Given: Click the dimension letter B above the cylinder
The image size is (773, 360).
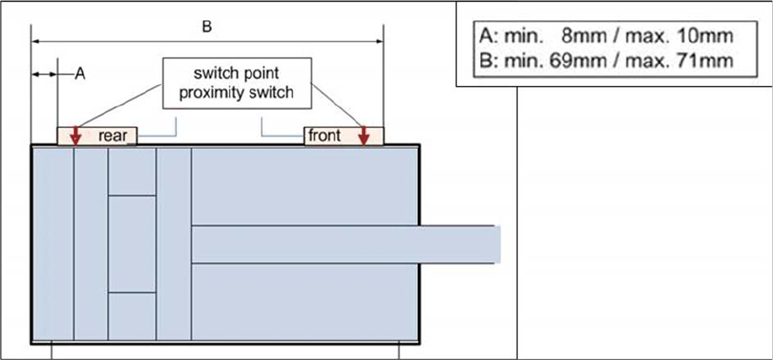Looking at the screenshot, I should coord(206,27).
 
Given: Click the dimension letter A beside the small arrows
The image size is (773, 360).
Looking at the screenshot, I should coord(80,74).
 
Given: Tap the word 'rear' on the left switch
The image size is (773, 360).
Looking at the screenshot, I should coord(112,135).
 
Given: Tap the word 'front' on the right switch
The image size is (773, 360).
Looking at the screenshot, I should coord(324,135).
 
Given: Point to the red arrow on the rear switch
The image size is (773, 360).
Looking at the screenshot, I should coord(75,134).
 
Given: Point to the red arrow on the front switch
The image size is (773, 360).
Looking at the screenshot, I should coord(364,134).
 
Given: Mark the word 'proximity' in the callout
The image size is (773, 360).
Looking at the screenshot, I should coord(210,93).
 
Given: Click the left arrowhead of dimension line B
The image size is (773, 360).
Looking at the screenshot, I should coord(37,39).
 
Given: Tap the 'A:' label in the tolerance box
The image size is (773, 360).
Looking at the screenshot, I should coord(488,37).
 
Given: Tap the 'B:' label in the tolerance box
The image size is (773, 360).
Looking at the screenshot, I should coord(488,60).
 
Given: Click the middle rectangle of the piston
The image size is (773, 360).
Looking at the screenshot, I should coord(132,243).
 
